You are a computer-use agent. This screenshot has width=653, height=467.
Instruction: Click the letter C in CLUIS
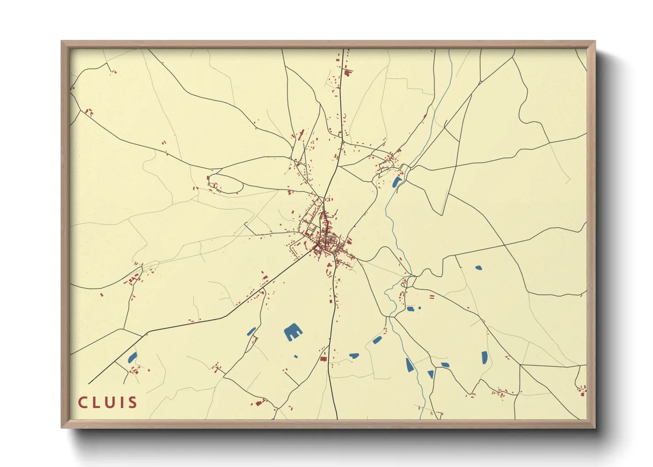83,403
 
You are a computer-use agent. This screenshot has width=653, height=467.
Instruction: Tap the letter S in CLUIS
132,403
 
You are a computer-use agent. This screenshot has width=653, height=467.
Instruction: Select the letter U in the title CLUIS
108,403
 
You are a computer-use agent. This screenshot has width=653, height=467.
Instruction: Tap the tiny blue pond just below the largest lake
296,356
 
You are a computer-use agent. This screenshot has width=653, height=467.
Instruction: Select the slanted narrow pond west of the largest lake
251,331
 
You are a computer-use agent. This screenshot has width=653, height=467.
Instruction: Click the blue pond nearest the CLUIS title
132,357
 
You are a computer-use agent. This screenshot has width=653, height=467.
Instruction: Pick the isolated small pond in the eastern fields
478,267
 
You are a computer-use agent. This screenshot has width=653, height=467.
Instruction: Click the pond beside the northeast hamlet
397,182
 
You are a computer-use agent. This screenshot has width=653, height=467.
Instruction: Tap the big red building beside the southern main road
324,359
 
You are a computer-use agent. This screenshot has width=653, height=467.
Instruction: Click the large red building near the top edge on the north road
348,73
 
